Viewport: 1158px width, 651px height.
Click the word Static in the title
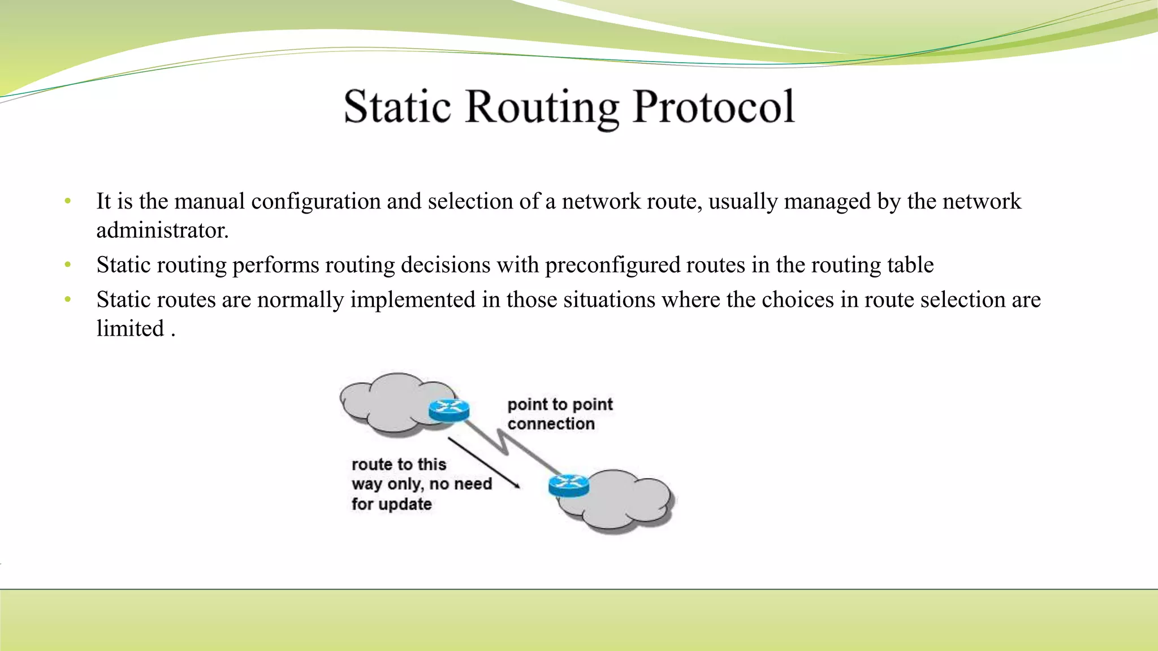coord(397,107)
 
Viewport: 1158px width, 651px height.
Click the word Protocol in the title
coord(714,107)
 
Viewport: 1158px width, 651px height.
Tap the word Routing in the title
coord(542,108)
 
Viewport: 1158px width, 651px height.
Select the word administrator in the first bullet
coord(162,231)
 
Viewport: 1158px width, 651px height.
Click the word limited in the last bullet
coord(130,328)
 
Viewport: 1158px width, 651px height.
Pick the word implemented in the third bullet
coord(413,300)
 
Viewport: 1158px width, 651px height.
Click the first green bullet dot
coord(68,201)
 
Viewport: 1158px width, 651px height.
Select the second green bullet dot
coord(68,264)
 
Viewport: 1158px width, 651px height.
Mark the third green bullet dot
coord(68,300)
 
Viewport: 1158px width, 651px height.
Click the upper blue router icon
coord(449,410)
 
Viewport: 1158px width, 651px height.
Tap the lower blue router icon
coord(569,485)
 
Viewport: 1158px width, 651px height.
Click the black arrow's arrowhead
coord(516,485)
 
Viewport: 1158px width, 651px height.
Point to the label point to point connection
coord(559,414)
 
